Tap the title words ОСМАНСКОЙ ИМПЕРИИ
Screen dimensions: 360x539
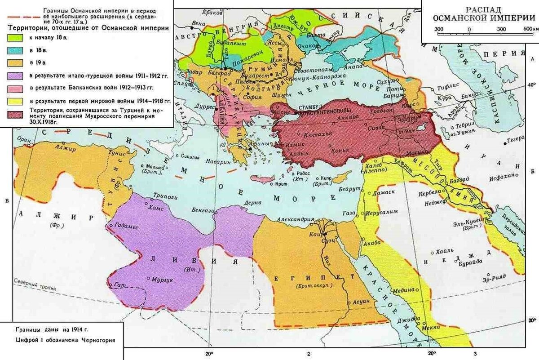pos(479,18)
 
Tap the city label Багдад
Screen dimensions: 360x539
pos(459,179)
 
